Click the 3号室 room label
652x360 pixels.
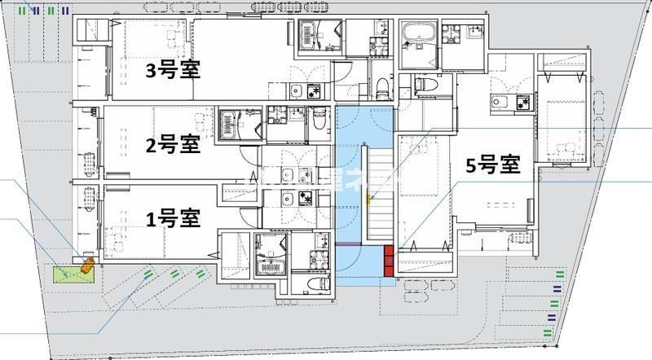[174, 70]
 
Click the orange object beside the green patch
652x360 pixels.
[86, 265]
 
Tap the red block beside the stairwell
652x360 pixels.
[390, 259]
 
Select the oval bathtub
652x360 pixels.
[421, 36]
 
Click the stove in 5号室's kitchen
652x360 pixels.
[522, 102]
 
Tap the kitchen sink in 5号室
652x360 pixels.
[499, 102]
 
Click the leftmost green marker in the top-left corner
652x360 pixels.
[23, 11]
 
